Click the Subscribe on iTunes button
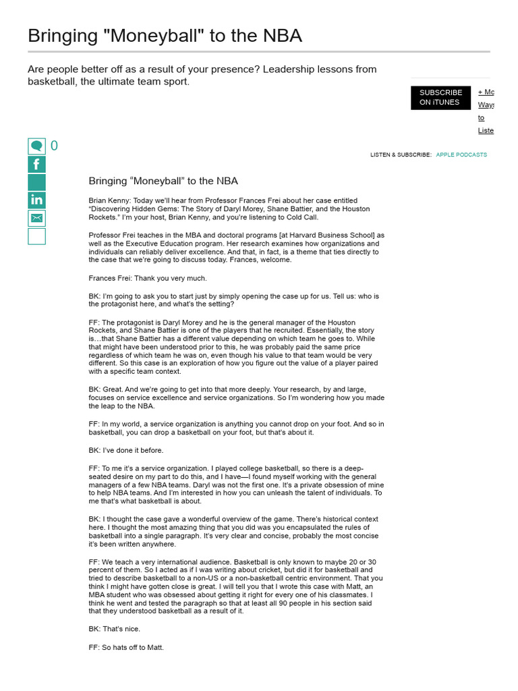click(x=440, y=97)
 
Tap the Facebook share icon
click(x=36, y=164)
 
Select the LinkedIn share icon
click(x=36, y=200)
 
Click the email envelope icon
click(x=36, y=218)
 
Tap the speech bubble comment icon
click(x=36, y=146)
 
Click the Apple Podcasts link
click(x=461, y=155)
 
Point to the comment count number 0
click(x=54, y=146)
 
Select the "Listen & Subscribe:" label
click(x=401, y=155)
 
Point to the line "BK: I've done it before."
click(x=126, y=450)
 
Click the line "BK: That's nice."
click(x=111, y=629)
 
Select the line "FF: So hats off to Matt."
click(x=126, y=647)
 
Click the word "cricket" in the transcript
click(x=258, y=570)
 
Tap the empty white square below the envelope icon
click(x=36, y=236)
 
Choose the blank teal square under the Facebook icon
click(x=36, y=182)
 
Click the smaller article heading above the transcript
click(x=163, y=181)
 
